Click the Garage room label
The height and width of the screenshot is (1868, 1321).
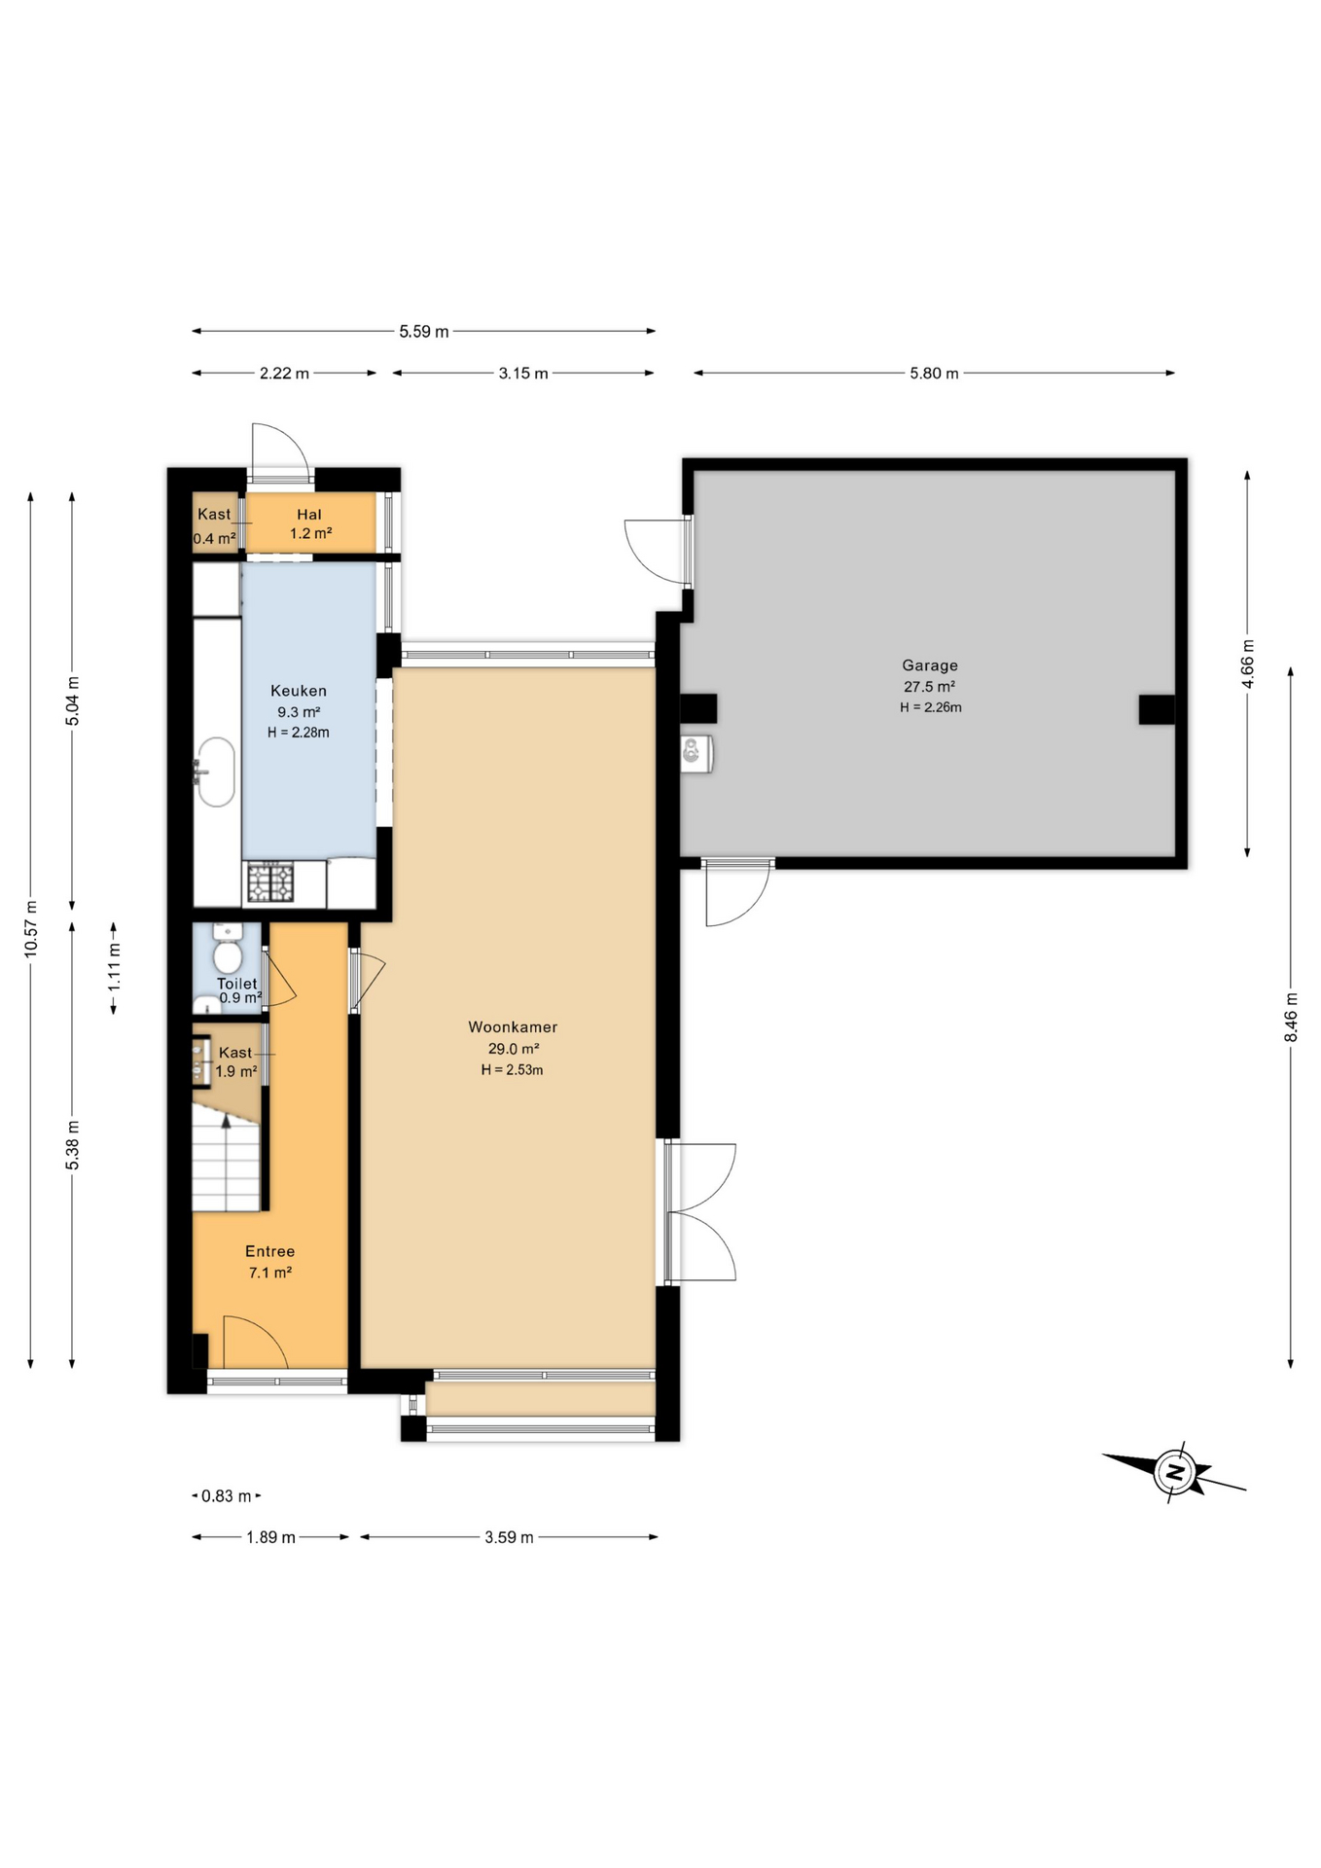tap(929, 665)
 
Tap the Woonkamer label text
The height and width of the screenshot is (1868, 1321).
tap(513, 1026)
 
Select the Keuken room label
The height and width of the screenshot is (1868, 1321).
tap(299, 691)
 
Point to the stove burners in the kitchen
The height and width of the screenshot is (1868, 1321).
tap(269, 882)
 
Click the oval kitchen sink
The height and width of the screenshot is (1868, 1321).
tap(216, 772)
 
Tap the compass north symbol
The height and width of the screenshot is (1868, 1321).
tap(1175, 1471)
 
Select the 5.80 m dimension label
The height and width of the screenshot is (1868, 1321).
tap(934, 374)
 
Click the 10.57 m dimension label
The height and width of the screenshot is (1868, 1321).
tap(31, 929)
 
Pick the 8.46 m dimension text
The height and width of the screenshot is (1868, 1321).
tap(1291, 1017)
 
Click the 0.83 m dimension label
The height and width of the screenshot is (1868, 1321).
tap(226, 1496)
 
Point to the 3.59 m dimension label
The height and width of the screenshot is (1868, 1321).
tap(509, 1537)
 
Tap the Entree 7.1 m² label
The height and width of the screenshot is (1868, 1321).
tap(269, 1261)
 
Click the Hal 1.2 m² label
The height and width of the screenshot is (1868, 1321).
tap(309, 523)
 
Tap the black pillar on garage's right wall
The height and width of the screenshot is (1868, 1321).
tap(1157, 709)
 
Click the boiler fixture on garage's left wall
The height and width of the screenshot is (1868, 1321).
tap(696, 753)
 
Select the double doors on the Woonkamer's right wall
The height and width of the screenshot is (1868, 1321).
tap(698, 1212)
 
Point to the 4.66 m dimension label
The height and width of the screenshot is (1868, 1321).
tap(1248, 664)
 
